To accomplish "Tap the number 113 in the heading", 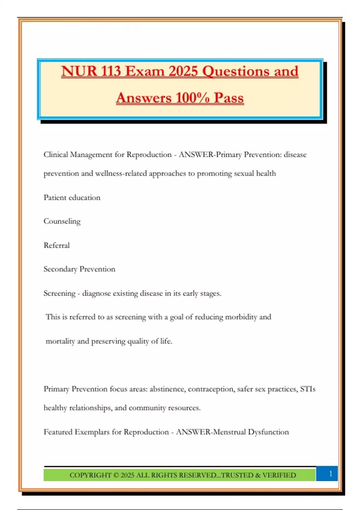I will [x=111, y=71].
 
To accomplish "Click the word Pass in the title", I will [x=229, y=98].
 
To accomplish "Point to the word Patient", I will [x=55, y=197].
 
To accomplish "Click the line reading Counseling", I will [x=62, y=221].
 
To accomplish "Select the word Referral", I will [x=57, y=245].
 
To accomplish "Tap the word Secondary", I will [x=60, y=269].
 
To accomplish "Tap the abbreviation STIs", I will [x=307, y=389].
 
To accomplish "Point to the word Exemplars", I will [x=92, y=432].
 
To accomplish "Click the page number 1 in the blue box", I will [x=331, y=474].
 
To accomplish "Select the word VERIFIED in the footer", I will [x=279, y=475].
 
